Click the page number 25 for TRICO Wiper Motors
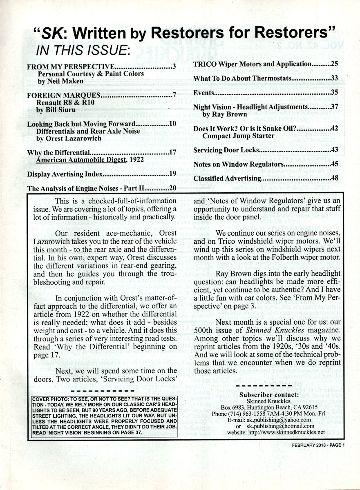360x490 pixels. coord(334,64)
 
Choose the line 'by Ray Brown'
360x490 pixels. coord(224,115)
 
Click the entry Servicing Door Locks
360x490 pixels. coord(226,150)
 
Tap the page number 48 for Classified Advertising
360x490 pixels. coord(334,178)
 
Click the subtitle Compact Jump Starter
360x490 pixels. coord(239,136)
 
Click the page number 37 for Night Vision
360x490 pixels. coord(334,107)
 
